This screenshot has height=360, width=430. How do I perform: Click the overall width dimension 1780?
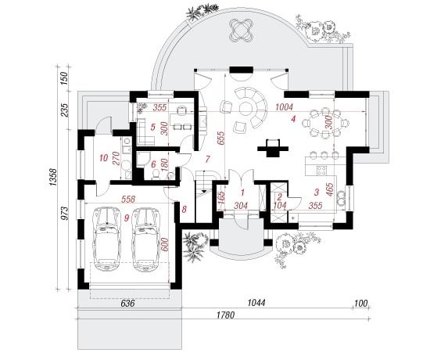point(225,315)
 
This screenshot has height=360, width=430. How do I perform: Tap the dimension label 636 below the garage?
point(127,304)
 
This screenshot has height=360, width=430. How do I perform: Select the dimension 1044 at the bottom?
point(256,303)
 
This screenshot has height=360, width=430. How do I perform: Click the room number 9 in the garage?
point(127,218)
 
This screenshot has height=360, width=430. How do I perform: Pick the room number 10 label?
point(104,158)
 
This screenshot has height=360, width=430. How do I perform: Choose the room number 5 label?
point(152,127)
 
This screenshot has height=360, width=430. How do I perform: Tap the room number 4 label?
point(293,119)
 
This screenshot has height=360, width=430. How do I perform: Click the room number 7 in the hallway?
point(208,159)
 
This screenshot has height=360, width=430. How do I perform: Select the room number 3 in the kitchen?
point(317,192)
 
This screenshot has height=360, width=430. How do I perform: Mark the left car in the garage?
point(106,239)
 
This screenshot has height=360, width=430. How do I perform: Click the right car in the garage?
point(146,239)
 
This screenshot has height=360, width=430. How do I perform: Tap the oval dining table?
point(325,122)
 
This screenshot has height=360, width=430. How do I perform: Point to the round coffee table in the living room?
point(247,109)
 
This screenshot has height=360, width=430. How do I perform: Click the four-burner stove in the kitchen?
point(321,171)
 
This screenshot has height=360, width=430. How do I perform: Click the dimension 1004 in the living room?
point(284,107)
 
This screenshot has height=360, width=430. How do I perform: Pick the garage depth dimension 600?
point(164,244)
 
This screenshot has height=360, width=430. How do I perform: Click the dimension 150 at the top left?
point(63,78)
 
